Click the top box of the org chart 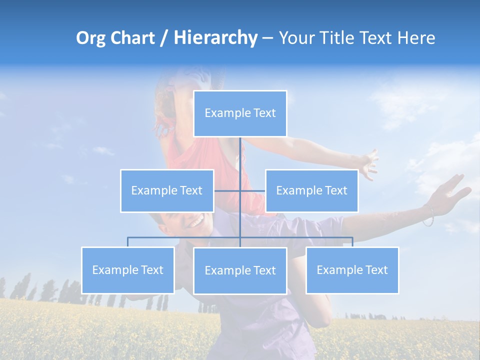point(240,113)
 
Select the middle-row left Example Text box point(167,190)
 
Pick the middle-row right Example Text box point(311,190)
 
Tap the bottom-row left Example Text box point(127,270)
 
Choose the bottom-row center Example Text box point(240,270)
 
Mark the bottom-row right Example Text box point(352,270)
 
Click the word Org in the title point(90,38)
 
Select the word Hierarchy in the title point(215,38)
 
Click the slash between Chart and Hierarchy point(164,38)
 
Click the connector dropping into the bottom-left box point(127,242)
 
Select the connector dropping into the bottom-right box point(352,242)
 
